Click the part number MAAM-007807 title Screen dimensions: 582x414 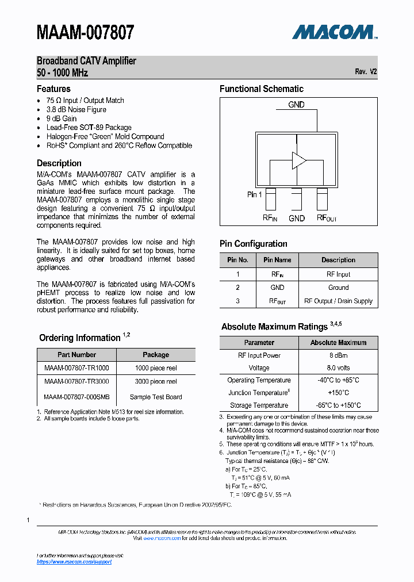tap(86, 32)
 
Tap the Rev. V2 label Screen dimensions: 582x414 tap(366, 72)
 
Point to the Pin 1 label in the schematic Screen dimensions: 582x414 tap(255, 194)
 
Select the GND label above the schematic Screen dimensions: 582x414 tap(297, 105)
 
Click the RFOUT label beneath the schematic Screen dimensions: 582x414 tap(327, 219)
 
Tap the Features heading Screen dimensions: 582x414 tap(53, 89)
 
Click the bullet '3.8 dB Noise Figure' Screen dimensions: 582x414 tap(76, 109)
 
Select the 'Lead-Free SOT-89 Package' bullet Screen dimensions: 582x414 tap(89, 128)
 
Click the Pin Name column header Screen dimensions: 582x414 tap(277, 260)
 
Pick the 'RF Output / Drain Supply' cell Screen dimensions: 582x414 tap(338, 301)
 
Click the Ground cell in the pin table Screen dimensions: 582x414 tap(338, 288)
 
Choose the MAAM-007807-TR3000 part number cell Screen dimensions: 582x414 tap(76, 381)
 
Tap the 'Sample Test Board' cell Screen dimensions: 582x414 tap(156, 397)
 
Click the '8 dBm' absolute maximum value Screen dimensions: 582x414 tap(338, 355)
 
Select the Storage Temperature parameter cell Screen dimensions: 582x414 tap(259, 405)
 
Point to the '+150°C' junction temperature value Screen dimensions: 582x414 tap(338, 393)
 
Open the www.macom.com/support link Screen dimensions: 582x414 tap(74, 562)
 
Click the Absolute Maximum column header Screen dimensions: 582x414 tap(338, 342)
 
